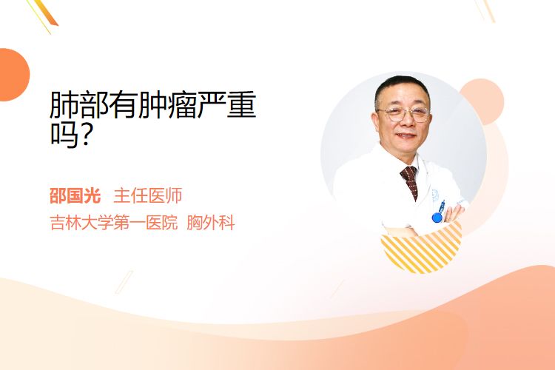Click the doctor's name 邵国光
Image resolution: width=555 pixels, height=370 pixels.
pyautogui.click(x=75, y=196)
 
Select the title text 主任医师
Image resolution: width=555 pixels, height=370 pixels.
pyautogui.click(x=147, y=196)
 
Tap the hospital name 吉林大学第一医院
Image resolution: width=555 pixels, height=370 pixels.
pyautogui.click(x=113, y=223)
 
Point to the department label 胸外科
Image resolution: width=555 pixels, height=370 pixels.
pyautogui.click(x=211, y=223)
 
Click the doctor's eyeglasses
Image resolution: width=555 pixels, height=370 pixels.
pyautogui.click(x=404, y=114)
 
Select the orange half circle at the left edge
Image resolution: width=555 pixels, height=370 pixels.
pyautogui.click(x=13, y=75)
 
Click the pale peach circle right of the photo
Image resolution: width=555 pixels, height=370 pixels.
pyautogui.click(x=485, y=101)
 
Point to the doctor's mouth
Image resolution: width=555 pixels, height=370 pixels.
pyautogui.click(x=406, y=135)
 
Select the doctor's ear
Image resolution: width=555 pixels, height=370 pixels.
pyautogui.click(x=376, y=120)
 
